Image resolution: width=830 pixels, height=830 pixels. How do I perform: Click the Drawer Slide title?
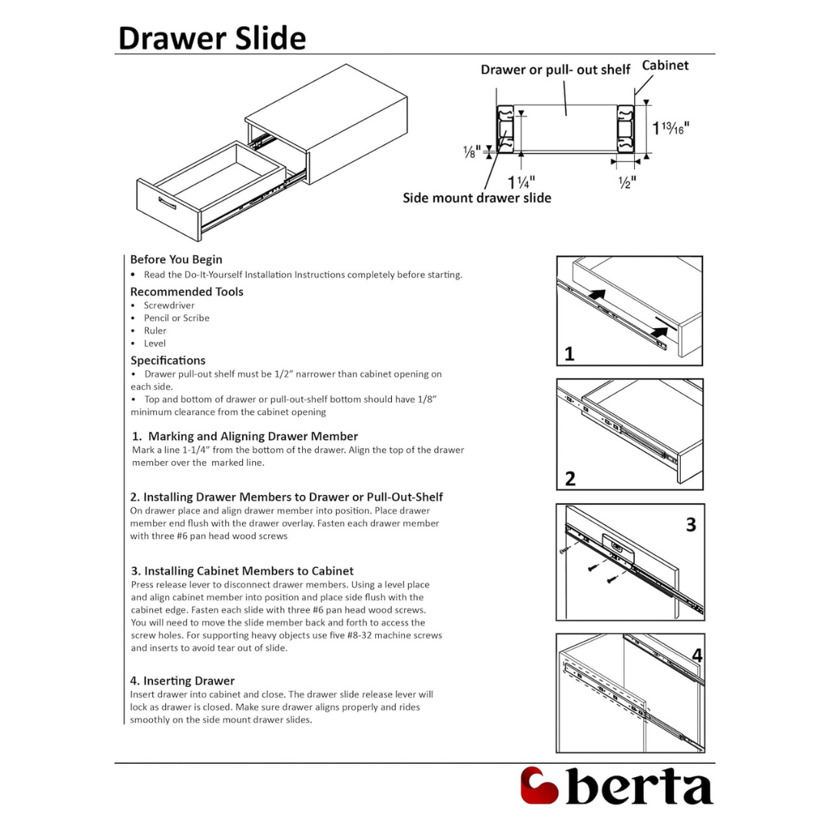[x=212, y=38]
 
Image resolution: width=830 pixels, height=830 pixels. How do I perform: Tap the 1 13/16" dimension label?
[x=671, y=128]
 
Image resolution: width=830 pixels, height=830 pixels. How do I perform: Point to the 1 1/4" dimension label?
[x=522, y=182]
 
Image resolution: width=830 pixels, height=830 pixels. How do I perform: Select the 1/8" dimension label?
[x=471, y=151]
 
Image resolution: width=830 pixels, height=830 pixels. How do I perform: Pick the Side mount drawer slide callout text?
[x=476, y=198]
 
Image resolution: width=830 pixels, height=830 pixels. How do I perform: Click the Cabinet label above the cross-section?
[x=665, y=65]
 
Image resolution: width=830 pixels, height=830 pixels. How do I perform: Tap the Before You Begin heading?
[x=176, y=260]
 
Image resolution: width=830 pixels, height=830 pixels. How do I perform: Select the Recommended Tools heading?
[x=187, y=292]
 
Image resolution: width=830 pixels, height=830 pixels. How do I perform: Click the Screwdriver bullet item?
[x=169, y=305]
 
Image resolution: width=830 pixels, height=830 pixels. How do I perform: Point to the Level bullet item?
[x=154, y=344]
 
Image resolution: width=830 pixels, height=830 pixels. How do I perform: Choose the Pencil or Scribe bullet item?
[x=176, y=318]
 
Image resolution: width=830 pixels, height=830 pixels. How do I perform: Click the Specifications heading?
[x=168, y=360]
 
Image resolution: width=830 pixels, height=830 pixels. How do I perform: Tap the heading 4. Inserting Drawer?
[x=182, y=681]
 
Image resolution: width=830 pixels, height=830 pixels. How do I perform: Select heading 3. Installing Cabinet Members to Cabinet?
[x=241, y=571]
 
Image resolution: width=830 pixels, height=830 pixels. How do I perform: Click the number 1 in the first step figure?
[x=569, y=354]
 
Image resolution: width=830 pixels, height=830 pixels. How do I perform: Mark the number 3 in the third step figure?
[x=691, y=524]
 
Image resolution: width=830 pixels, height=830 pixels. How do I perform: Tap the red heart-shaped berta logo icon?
[x=539, y=785]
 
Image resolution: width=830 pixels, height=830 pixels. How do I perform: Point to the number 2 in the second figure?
[x=569, y=479]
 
